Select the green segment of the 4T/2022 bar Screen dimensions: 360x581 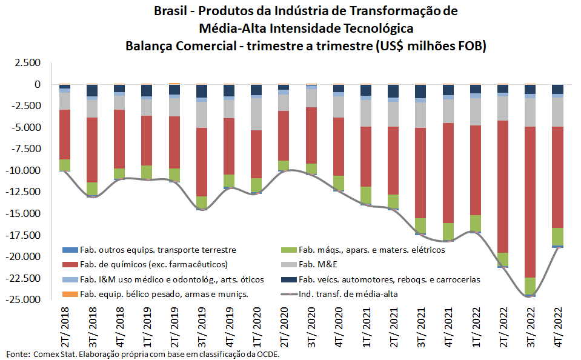click(557, 236)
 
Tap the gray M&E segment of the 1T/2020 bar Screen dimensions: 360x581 click(257, 114)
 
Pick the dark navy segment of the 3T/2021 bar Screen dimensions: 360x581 click(420, 91)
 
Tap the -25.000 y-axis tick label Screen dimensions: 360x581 click(25, 300)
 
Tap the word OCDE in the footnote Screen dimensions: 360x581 click(269, 354)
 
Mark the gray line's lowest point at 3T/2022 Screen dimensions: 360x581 click(530, 297)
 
